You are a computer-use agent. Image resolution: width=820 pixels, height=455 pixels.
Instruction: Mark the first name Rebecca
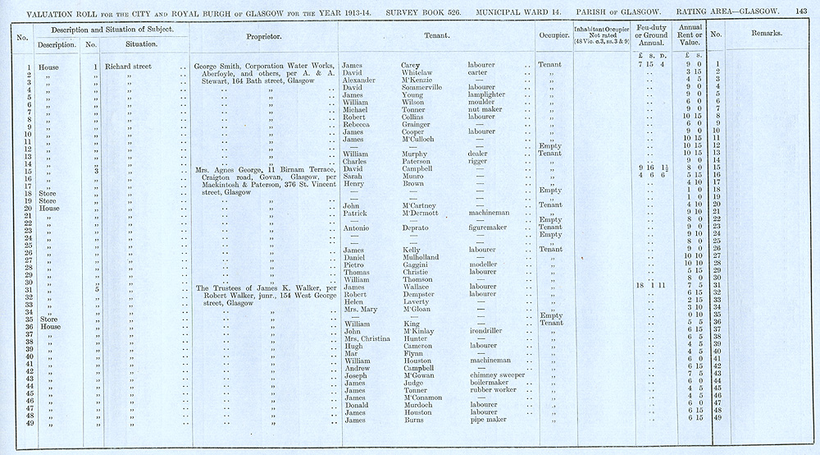359,124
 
